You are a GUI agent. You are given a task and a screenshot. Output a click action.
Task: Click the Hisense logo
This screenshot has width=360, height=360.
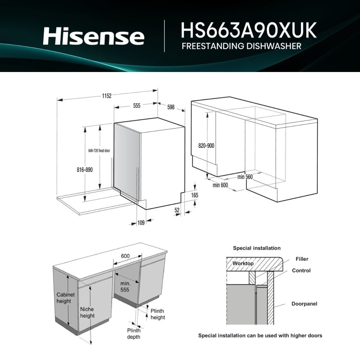click(93, 36)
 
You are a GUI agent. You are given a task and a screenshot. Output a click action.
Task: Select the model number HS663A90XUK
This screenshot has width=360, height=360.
click(249, 30)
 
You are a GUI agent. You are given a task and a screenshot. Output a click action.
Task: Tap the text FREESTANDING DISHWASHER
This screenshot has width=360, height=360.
click(241, 47)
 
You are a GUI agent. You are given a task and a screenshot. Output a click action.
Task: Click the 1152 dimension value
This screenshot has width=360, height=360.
click(107, 96)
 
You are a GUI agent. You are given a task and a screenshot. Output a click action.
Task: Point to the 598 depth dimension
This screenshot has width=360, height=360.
click(171, 107)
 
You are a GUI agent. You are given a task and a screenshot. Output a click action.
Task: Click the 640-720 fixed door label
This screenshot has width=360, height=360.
click(99, 151)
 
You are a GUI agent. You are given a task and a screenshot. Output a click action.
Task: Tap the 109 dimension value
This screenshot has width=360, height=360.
click(141, 222)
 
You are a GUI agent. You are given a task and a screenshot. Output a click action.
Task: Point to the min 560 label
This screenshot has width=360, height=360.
click(245, 177)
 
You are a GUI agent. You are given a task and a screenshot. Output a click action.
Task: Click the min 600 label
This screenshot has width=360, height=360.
click(220, 185)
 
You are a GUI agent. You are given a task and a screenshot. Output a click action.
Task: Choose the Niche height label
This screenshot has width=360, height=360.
click(87, 312)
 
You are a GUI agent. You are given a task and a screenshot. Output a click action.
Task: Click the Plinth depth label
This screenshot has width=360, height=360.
click(134, 334)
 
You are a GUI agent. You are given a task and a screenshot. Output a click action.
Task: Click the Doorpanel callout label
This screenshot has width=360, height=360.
click(304, 304)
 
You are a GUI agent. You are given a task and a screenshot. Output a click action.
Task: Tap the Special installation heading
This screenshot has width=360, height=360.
click(257, 248)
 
